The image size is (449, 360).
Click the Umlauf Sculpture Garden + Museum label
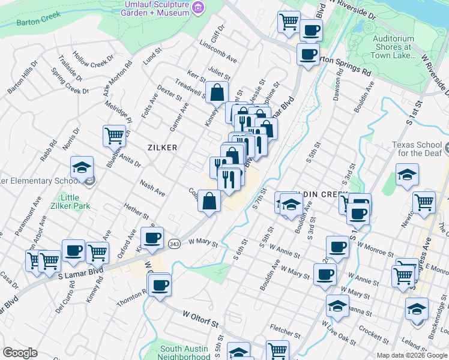point(158,8)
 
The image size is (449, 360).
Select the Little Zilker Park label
point(79,203)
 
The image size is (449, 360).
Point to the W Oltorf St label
point(200,325)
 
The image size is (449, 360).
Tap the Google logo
point(20,352)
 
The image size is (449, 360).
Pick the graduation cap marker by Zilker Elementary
point(82,169)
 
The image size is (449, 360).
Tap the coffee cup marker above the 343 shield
point(152,238)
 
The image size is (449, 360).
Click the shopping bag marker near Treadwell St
point(217,93)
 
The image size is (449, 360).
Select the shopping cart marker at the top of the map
point(289,22)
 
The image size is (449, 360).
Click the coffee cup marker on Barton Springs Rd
point(309,54)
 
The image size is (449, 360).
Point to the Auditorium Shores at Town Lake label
point(393,47)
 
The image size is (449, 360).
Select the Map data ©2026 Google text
point(411,355)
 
